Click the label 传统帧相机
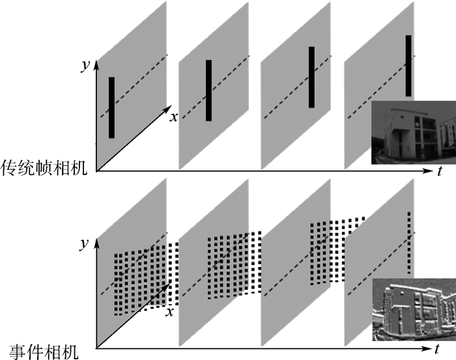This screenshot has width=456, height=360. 44,168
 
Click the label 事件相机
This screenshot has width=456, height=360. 44,352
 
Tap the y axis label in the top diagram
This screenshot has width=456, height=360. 85,66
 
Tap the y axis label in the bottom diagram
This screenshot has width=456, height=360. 84,243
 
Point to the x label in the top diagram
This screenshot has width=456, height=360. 174,117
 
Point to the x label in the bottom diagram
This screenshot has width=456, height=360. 169,312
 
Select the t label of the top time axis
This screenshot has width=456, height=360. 440,171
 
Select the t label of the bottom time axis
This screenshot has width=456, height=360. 437,349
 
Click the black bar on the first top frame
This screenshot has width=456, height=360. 111,107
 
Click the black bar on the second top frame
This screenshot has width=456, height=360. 209,90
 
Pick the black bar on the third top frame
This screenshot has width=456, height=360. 311,77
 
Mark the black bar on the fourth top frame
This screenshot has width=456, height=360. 408,66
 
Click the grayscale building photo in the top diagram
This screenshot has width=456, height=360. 414,133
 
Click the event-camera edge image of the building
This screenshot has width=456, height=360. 414,309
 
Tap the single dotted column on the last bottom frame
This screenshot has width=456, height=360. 409,243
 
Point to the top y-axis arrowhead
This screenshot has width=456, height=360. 96,65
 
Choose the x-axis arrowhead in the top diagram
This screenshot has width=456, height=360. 168,108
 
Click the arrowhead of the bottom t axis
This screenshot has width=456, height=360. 426,348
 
